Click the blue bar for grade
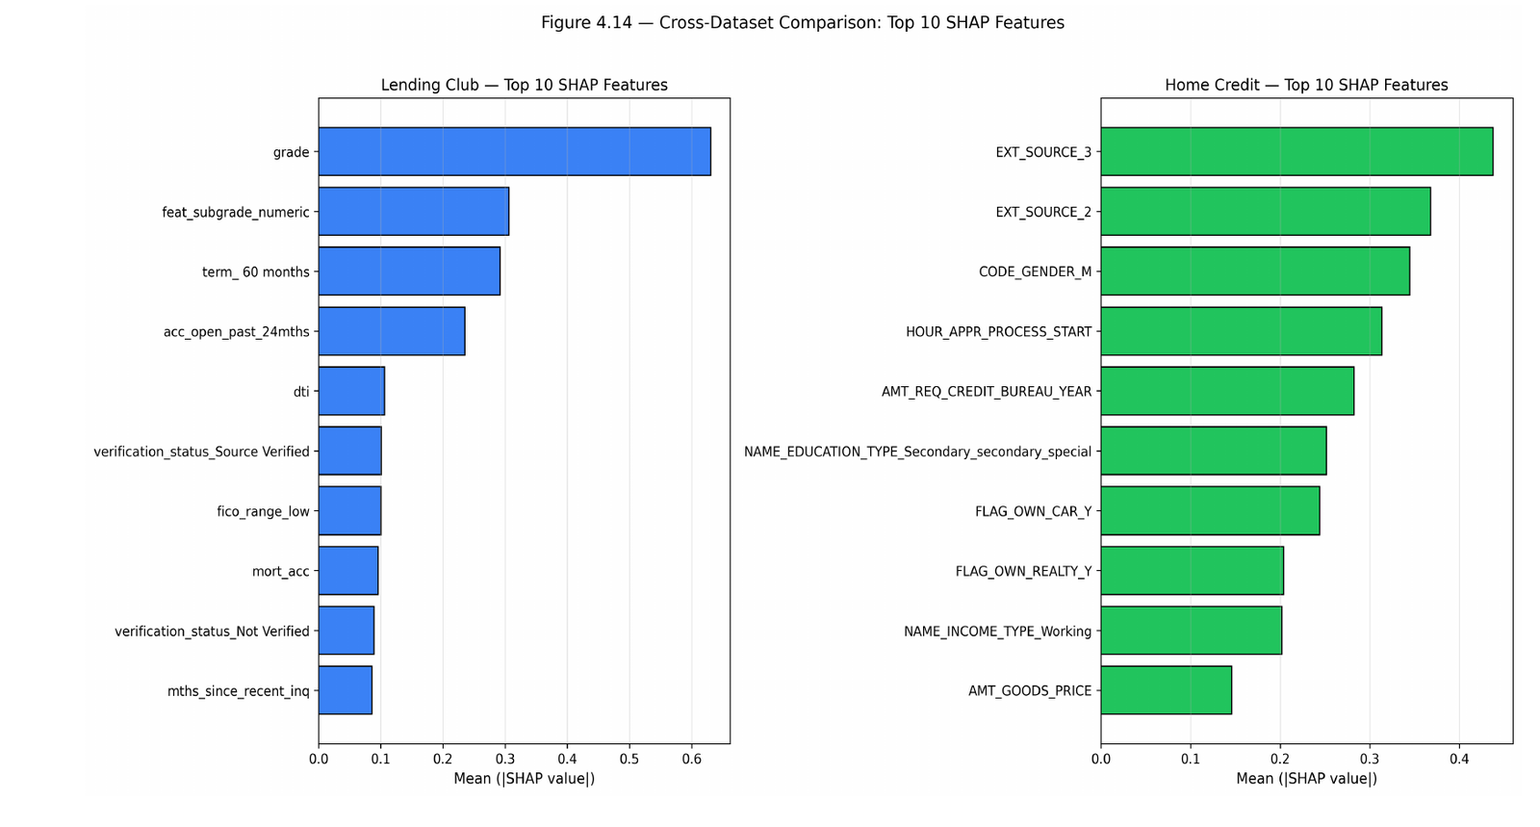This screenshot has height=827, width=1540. point(514,151)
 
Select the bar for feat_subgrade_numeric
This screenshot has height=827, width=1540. point(414,211)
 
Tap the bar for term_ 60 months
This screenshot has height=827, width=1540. point(409,271)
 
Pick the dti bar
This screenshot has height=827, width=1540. point(351,391)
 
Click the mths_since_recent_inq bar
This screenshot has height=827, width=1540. point(346,690)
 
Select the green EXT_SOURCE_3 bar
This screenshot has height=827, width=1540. point(1296,151)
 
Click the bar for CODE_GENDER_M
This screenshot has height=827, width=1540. point(1255,271)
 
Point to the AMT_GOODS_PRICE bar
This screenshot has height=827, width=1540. point(1166,690)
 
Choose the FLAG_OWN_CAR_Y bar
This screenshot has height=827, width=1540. point(1210,511)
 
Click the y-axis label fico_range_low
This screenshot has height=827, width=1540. point(264,511)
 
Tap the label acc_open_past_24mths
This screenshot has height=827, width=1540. point(237,332)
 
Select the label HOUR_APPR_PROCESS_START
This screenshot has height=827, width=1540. point(998,332)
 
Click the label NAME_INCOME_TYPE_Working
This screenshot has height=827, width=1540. point(997,632)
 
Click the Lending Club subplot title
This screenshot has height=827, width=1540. point(525,85)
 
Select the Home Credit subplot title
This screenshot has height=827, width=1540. point(1306,85)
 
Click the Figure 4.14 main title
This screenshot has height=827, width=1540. point(803,23)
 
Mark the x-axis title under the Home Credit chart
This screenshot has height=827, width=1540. point(1307,778)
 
